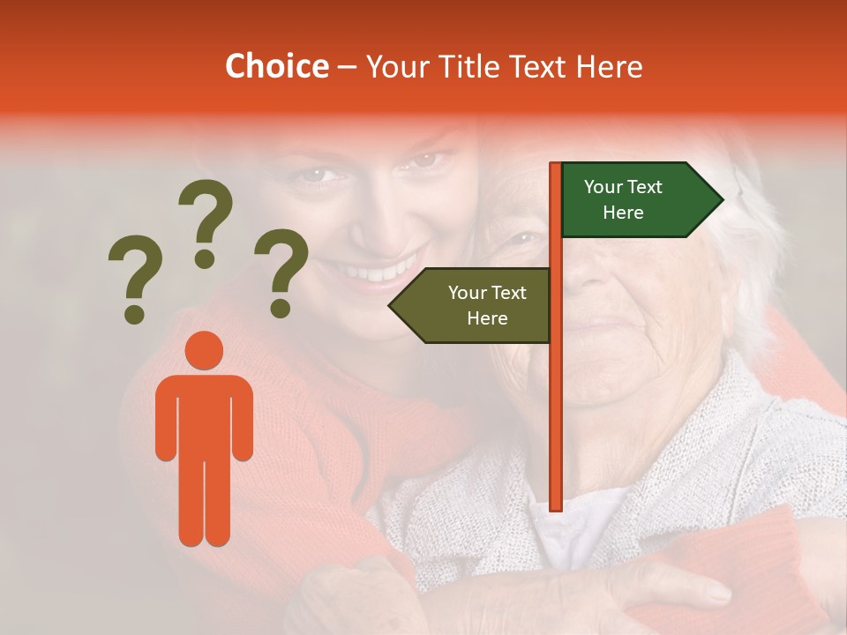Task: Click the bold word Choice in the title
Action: pyautogui.click(x=276, y=67)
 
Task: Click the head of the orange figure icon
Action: pyautogui.click(x=205, y=351)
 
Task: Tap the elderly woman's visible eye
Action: pyautogui.click(x=524, y=238)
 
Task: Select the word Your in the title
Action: pyautogui.click(x=400, y=67)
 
